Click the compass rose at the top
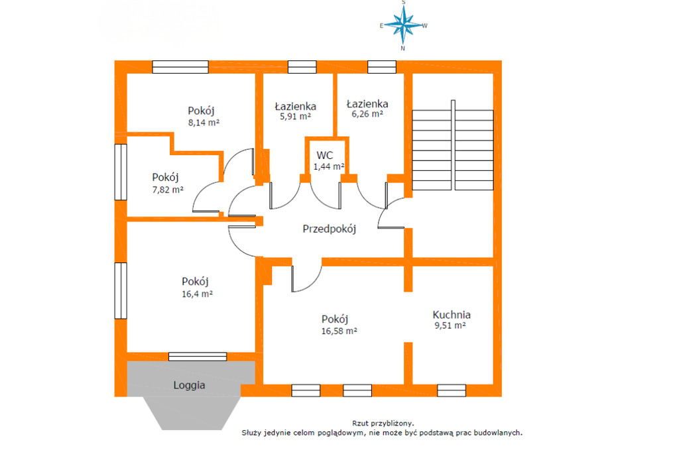point(403,25)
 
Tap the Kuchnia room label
point(451,315)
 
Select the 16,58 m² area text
point(339,331)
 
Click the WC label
point(325,156)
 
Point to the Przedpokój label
point(329,229)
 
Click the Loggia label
point(189,385)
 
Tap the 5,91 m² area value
point(295,117)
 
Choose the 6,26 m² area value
point(367,114)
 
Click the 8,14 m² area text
point(204,123)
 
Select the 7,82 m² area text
point(168,190)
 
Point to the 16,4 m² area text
point(197,294)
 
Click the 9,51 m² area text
point(450,325)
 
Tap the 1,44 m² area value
point(329,166)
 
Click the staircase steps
point(452,150)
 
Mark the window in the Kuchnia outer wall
point(451,390)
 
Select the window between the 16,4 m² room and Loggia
point(198,357)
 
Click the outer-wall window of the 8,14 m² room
point(180,67)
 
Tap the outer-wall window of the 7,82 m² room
point(121,172)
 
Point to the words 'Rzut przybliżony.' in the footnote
point(383,424)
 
